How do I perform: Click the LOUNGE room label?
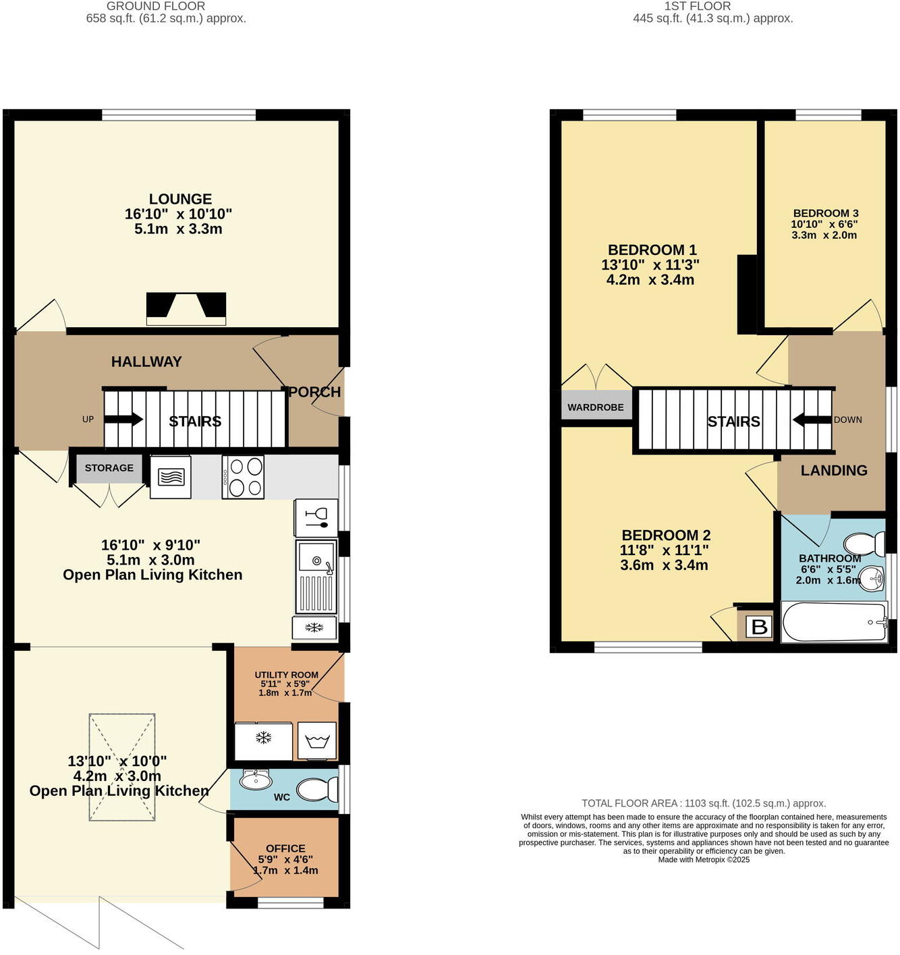point(180,200)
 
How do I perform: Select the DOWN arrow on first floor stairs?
point(812,420)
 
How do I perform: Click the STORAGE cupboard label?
point(109,468)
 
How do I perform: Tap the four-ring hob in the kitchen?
point(244,477)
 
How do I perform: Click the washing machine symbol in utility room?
point(316,742)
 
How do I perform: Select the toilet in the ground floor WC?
point(318,789)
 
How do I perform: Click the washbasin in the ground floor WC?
point(255,780)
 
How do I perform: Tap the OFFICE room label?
point(285,848)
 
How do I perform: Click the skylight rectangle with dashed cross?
point(122,768)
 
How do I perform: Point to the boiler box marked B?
point(759,627)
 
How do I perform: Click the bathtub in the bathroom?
point(834,622)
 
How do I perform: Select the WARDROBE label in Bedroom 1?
point(596,407)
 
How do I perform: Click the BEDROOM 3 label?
point(825,213)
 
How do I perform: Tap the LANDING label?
point(834,471)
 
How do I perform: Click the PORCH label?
point(314,392)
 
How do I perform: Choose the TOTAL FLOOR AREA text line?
point(704,803)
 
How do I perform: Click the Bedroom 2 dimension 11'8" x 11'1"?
point(664,550)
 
